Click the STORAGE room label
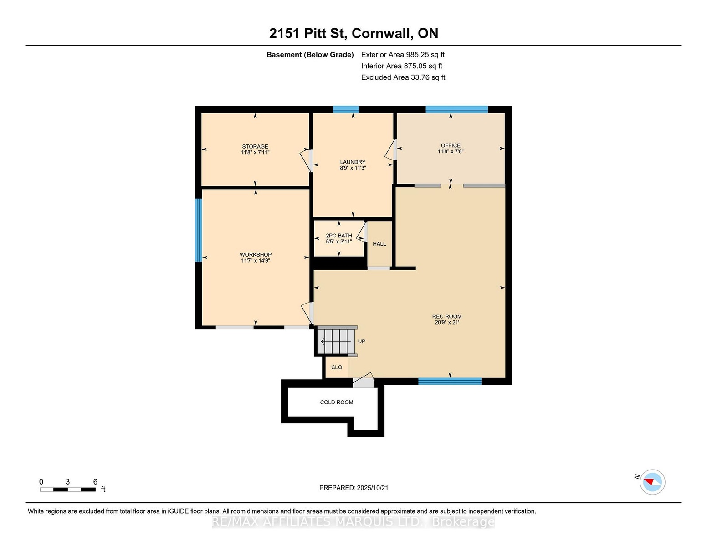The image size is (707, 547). pyautogui.click(x=255, y=146)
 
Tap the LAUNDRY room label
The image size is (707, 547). pyautogui.click(x=353, y=162)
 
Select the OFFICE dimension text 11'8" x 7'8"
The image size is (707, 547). pyautogui.click(x=450, y=151)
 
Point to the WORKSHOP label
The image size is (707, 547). pyautogui.click(x=256, y=255)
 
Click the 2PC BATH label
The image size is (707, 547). pyautogui.click(x=339, y=236)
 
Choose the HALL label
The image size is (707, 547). pyautogui.click(x=379, y=244)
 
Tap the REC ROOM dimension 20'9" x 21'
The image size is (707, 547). pyautogui.click(x=447, y=322)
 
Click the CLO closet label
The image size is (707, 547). pyautogui.click(x=337, y=367)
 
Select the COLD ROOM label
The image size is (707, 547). pyautogui.click(x=337, y=402)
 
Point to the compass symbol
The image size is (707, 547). pyautogui.click(x=652, y=482)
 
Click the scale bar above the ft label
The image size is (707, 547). pyautogui.click(x=68, y=490)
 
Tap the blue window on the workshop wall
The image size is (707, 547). pyautogui.click(x=198, y=230)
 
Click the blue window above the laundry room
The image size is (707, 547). pyautogui.click(x=346, y=109)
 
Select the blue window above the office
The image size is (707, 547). pyautogui.click(x=457, y=109)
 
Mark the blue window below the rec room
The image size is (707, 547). pyautogui.click(x=450, y=381)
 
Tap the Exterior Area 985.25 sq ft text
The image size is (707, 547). pyautogui.click(x=403, y=55)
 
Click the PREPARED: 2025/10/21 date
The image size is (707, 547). pyautogui.click(x=353, y=488)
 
